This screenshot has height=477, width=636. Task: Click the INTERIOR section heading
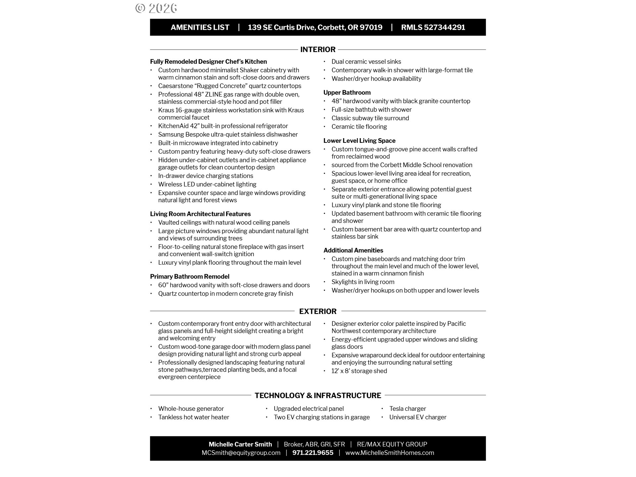pos(318,50)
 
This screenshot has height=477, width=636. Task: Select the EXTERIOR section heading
pos(318,311)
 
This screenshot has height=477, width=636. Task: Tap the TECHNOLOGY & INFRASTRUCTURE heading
pos(318,396)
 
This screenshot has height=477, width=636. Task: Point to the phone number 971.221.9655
pos(313,453)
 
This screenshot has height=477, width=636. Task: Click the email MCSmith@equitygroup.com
pos(241,453)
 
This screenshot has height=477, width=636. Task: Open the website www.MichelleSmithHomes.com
pos(390,453)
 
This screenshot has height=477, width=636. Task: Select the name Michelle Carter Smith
pos(240,445)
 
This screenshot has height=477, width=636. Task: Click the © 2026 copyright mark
pos(156,8)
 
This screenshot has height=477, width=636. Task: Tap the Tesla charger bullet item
pos(407,409)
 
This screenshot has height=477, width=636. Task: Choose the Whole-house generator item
pos(191,409)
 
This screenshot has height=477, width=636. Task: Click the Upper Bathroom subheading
pos(347,93)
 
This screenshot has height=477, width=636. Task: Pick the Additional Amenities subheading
pos(353,250)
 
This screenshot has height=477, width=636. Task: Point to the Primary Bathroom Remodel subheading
pos(189,277)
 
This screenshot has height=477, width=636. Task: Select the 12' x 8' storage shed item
pos(359,371)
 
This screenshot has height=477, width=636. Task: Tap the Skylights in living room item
pos(363,282)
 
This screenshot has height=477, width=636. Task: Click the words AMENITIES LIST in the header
pos(200,27)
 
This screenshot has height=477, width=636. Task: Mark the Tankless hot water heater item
pos(193,417)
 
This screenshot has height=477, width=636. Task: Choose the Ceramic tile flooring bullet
pos(359,127)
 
